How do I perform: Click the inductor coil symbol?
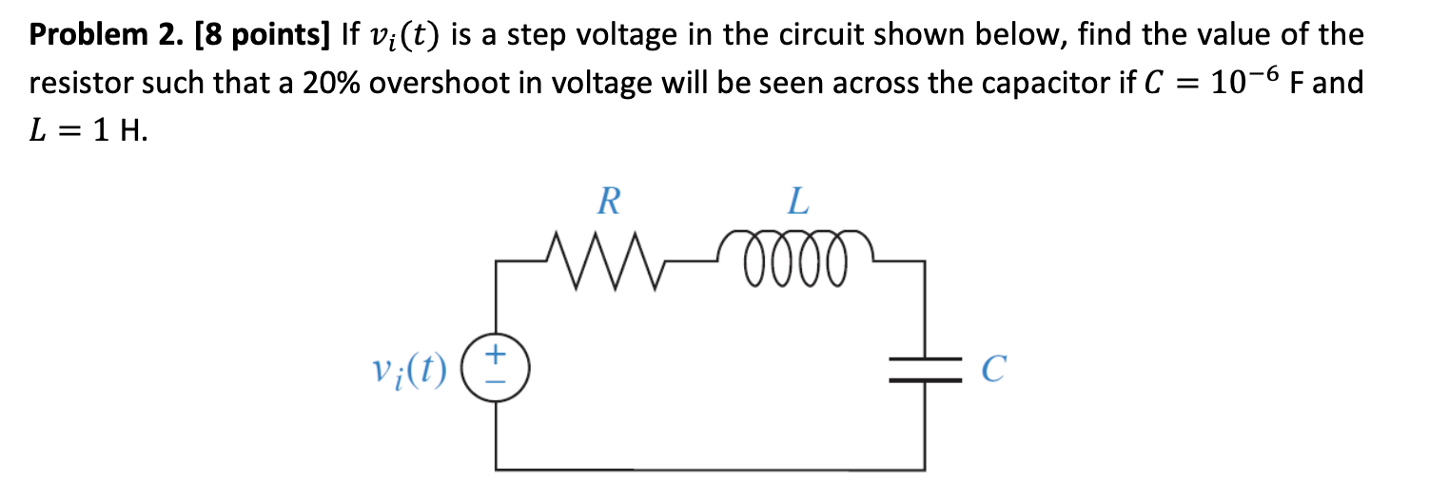click(x=798, y=254)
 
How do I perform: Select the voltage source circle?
click(x=495, y=368)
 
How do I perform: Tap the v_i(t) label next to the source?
click(x=411, y=369)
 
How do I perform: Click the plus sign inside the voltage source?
click(x=495, y=356)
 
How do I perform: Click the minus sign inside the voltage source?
click(x=495, y=381)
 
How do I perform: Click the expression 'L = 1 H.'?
click(x=89, y=131)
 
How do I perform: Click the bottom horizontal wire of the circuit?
click(x=709, y=468)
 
